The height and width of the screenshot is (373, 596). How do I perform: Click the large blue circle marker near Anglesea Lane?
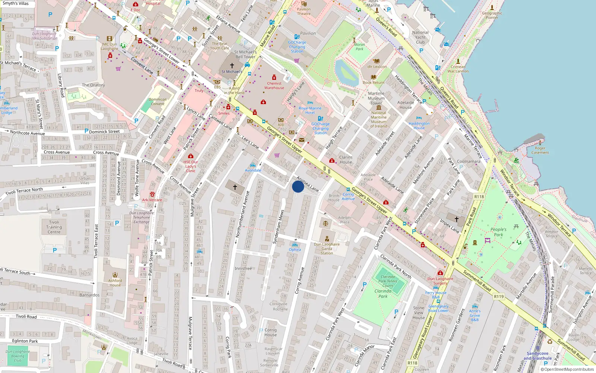298,186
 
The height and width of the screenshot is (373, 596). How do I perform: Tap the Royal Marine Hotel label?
310,110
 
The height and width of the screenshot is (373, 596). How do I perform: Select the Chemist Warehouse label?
274,86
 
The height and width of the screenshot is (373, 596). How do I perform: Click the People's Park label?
498,232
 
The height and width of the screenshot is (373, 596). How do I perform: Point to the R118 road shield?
479,197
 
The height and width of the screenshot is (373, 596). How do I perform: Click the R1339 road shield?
499,297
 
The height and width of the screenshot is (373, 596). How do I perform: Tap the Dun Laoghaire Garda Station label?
327,249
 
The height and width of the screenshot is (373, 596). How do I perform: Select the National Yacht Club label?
420,37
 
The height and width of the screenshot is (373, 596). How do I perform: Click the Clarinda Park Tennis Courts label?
388,281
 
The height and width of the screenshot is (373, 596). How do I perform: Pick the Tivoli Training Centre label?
54,227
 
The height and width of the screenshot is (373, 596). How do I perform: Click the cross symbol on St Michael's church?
232,66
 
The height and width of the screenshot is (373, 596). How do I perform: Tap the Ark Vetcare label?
152,200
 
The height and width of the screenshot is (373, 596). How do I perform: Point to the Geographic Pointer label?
492,15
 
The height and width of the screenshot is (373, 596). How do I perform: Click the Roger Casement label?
540,150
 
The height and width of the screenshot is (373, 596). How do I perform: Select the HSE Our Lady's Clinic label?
191,166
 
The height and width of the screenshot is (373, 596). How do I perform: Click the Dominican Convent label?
158,101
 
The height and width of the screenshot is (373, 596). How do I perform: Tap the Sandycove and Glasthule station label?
538,356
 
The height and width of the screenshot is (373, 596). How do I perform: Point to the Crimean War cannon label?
458,69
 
